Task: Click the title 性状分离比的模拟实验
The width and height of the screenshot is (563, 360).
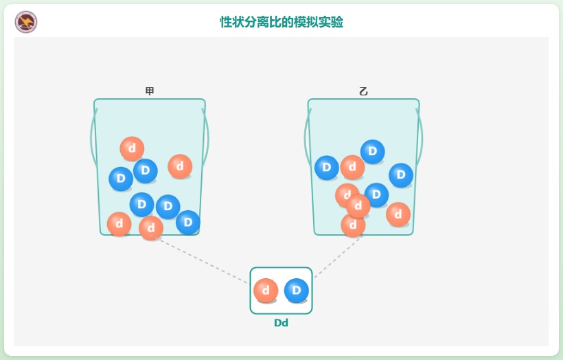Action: click(x=281, y=22)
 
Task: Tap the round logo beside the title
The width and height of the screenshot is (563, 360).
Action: click(x=26, y=22)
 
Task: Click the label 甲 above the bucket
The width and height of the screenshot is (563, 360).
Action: click(x=150, y=91)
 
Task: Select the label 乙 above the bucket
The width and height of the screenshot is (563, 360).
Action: click(x=363, y=91)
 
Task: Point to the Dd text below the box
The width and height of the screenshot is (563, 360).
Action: click(x=281, y=323)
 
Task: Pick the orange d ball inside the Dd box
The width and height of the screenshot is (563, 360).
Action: click(x=266, y=291)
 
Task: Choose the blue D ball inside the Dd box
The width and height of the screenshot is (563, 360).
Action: click(x=297, y=291)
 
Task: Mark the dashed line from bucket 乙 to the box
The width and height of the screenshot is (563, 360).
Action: click(x=336, y=258)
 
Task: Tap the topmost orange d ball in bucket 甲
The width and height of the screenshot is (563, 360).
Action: click(x=132, y=148)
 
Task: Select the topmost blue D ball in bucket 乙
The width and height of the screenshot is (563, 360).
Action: click(x=373, y=152)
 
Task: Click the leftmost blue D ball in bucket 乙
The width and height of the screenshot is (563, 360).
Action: click(x=327, y=168)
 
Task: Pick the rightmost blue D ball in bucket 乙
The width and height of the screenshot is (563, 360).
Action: click(x=401, y=175)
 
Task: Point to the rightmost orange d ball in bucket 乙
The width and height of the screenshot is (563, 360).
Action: click(x=398, y=214)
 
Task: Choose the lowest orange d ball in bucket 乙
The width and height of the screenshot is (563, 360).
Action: click(x=353, y=225)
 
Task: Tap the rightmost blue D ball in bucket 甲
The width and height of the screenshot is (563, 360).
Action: click(x=187, y=222)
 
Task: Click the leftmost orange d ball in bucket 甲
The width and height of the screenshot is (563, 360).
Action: click(x=119, y=224)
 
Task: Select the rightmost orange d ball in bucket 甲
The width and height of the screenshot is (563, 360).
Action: click(x=180, y=166)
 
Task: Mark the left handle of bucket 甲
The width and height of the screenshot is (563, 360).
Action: click(x=92, y=137)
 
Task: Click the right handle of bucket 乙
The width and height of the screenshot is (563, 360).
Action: click(x=421, y=137)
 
